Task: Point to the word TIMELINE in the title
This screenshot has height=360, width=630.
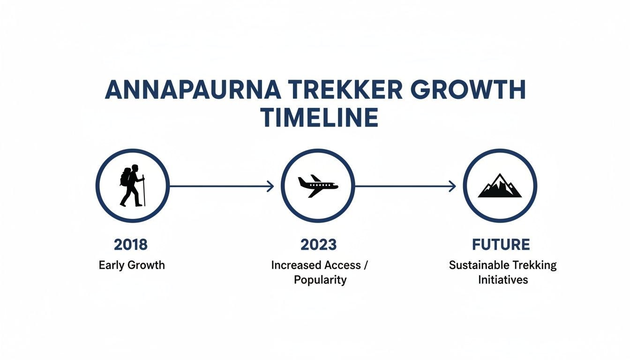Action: [320, 118]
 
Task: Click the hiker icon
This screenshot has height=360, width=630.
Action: [132, 186]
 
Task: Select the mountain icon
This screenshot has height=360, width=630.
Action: [500, 186]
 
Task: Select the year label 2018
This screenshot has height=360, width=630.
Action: [131, 244]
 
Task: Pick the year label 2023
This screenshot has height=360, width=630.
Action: [319, 244]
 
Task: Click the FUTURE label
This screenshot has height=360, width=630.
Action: [501, 244]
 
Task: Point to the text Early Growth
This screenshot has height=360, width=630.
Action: [132, 265]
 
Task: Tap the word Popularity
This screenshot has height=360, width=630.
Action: [320, 280]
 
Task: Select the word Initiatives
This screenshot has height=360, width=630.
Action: [503, 280]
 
